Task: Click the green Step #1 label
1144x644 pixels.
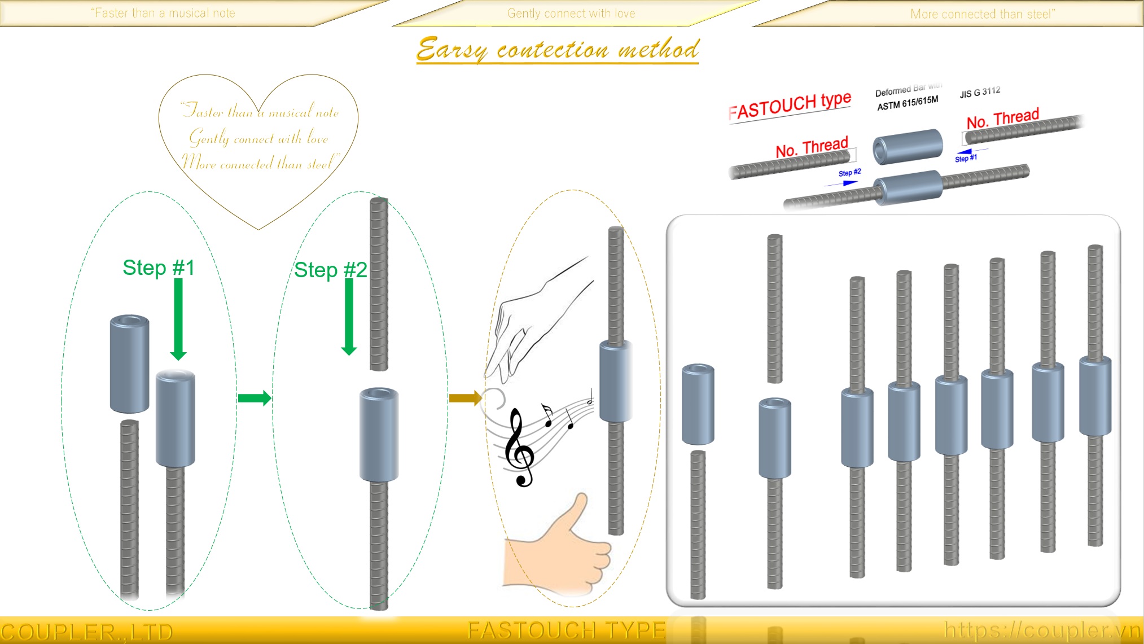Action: coord(159,268)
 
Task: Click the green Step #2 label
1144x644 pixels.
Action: coord(330,270)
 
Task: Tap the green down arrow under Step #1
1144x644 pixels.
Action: coord(178,319)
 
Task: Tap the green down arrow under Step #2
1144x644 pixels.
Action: coord(349,317)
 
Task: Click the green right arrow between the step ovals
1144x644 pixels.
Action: coord(255,398)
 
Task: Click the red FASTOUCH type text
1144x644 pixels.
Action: coord(790,106)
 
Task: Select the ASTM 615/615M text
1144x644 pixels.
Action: coord(907,103)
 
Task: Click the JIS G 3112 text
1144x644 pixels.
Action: coord(980,92)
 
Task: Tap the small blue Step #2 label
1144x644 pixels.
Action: coord(849,173)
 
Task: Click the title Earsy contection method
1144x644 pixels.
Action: coord(558,49)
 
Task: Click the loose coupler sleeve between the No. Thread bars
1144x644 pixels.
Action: coord(908,146)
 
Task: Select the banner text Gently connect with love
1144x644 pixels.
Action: coord(571,14)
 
